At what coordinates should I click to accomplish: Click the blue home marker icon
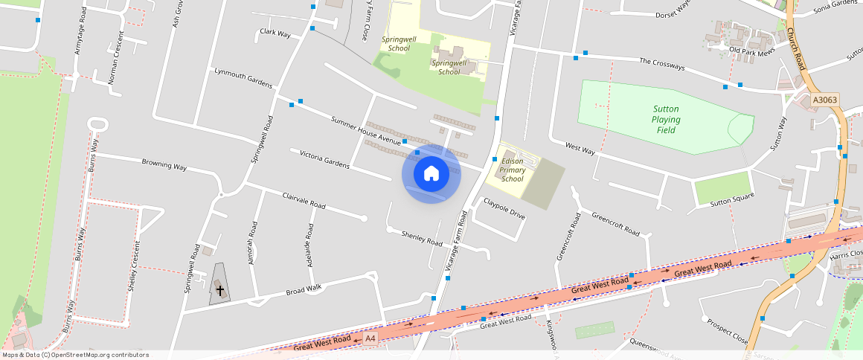431,174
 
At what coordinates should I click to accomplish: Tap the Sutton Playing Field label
665,120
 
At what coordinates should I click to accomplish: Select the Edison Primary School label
513,170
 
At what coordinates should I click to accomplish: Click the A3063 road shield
824,100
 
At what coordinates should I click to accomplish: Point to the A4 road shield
370,339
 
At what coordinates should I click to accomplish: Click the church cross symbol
219,289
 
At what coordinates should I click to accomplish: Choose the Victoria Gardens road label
324,158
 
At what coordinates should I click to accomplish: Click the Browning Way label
164,164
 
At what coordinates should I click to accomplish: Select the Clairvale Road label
304,200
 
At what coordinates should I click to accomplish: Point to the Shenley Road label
422,238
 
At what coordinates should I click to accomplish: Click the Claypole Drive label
504,208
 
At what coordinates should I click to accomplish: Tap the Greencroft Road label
615,224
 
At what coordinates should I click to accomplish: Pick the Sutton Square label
732,199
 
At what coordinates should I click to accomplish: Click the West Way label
580,150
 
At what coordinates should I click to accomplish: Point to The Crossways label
661,65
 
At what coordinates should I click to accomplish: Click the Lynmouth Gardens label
243,77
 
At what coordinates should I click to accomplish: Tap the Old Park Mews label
752,51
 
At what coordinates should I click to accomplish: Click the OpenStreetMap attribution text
74,355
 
